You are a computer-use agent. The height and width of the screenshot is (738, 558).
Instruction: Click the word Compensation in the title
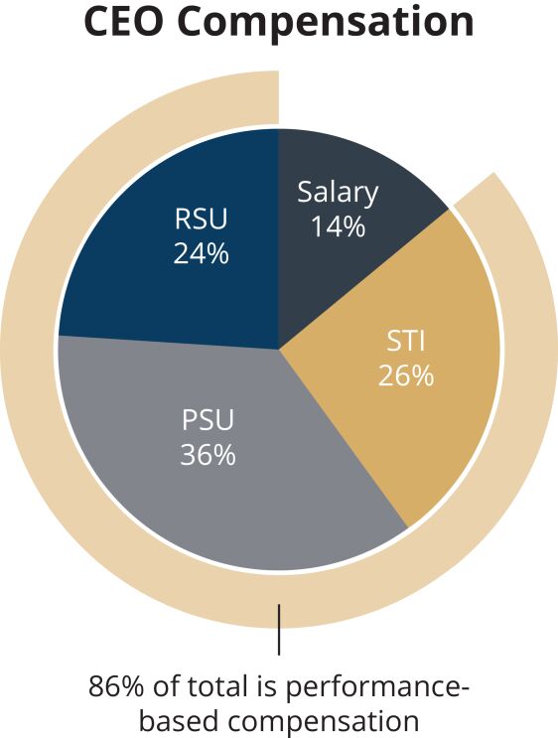(326, 24)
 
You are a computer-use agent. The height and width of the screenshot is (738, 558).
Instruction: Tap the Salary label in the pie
(338, 193)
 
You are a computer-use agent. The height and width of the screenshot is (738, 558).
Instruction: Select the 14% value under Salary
(338, 225)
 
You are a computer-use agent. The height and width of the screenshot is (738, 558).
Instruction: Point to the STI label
(405, 342)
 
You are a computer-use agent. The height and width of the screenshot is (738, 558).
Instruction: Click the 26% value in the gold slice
(405, 376)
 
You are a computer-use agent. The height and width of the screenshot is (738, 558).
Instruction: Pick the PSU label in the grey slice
(208, 420)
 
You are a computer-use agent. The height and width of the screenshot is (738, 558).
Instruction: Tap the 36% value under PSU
(208, 455)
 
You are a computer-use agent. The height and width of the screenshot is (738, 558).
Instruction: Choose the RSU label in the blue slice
(201, 219)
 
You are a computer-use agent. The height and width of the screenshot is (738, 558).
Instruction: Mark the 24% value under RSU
(201, 253)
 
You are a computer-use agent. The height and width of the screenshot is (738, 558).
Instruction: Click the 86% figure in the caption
(116, 686)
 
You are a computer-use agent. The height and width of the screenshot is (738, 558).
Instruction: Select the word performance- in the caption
(378, 688)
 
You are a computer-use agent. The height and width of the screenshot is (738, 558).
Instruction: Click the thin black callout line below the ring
(279, 630)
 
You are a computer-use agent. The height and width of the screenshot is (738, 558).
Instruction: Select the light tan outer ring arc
(28, 349)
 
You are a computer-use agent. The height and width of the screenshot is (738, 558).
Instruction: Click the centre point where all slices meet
(279, 349)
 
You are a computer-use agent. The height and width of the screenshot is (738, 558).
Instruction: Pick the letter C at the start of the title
(96, 21)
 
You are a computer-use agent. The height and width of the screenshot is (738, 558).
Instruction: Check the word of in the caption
(166, 686)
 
